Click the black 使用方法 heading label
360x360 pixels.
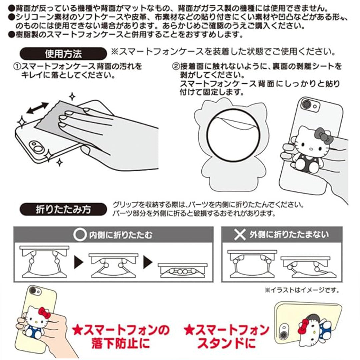[63, 53]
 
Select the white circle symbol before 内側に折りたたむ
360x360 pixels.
[79, 235]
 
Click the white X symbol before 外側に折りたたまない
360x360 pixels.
[239, 235]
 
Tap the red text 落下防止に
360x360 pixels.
[123, 344]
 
